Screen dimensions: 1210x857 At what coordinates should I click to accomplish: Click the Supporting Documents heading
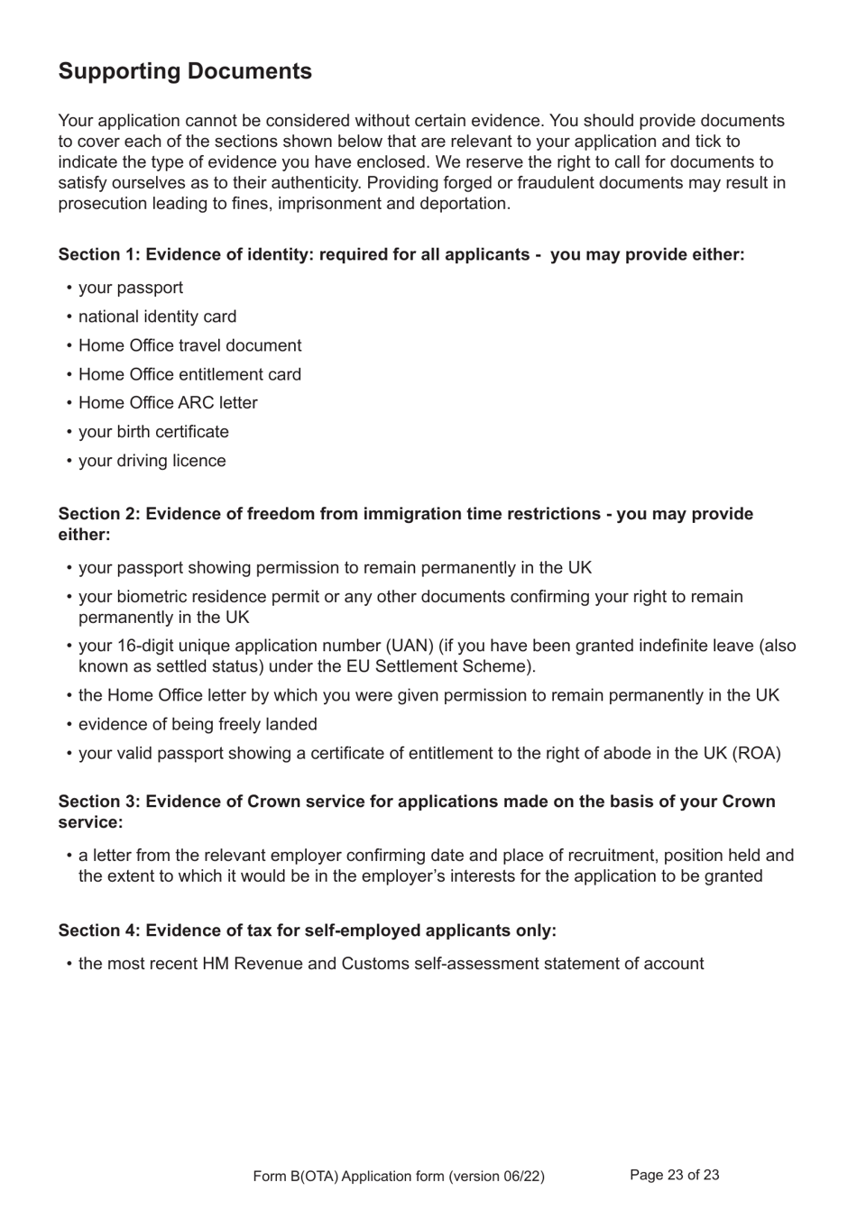click(x=185, y=72)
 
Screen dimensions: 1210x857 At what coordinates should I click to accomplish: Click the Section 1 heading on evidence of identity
click(x=401, y=254)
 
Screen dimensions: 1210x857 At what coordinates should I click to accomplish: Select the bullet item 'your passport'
click(x=131, y=288)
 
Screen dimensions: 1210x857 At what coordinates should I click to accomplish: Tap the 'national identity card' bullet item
click(x=157, y=316)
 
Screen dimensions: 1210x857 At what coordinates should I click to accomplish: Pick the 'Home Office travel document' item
click(x=189, y=345)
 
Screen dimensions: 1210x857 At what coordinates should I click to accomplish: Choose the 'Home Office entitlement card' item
click(x=189, y=374)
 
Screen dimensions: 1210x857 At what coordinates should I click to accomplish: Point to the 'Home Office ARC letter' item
click(x=168, y=403)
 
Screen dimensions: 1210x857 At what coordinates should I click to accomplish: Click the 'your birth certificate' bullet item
click(x=153, y=432)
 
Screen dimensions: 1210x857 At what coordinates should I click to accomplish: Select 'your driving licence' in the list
click(x=152, y=461)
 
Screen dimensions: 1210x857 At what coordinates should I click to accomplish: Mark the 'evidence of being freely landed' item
click(x=198, y=724)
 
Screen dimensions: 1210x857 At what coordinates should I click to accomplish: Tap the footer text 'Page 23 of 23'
click(x=674, y=1175)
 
